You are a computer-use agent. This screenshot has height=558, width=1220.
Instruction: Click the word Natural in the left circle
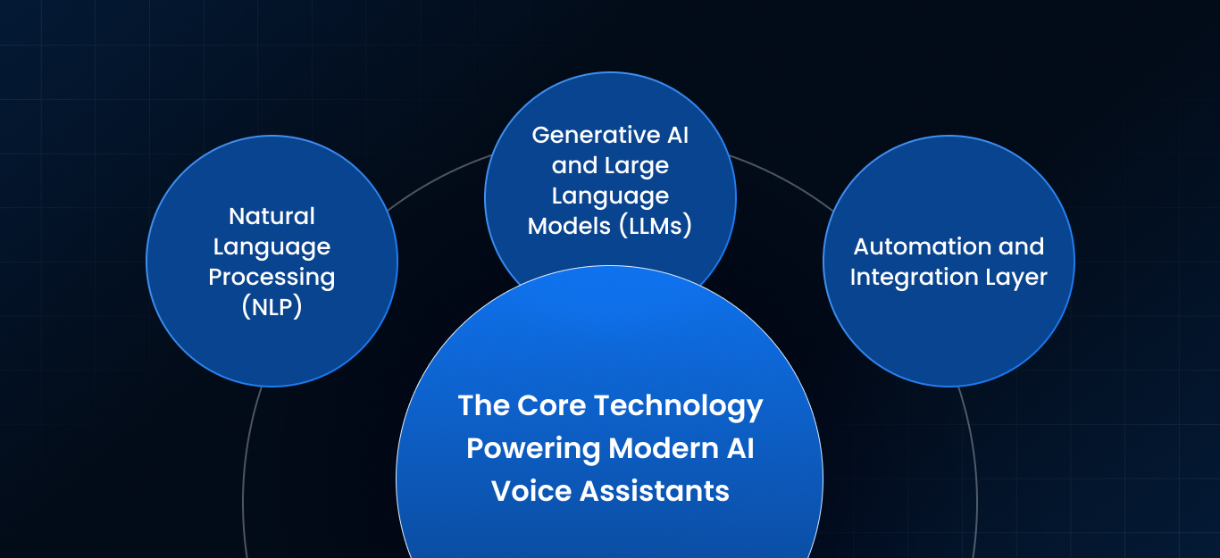tap(272, 216)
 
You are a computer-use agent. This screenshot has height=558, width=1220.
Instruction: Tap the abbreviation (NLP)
tap(272, 307)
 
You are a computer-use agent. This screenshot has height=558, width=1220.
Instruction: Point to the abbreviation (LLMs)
tap(656, 226)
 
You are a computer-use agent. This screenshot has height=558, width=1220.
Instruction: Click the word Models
tap(569, 226)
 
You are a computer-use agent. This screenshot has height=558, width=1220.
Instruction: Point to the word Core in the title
tap(551, 405)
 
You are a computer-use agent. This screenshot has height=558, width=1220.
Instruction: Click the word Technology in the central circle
tap(679, 407)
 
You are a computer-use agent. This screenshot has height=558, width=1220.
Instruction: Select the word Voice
tap(531, 491)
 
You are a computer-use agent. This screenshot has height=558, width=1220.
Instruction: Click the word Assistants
tap(655, 491)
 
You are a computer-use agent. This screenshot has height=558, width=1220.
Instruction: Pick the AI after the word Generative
tap(678, 135)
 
